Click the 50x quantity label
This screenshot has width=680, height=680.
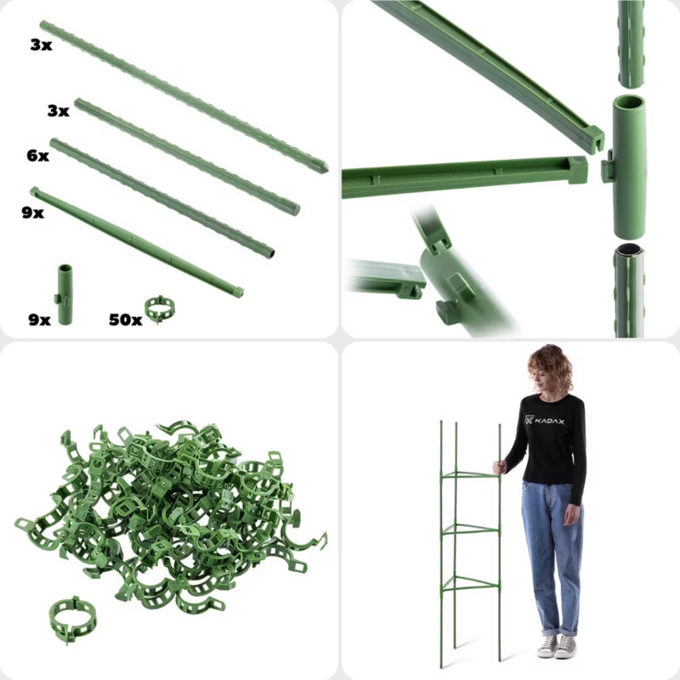(x=125, y=320)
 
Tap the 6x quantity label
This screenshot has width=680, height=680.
(x=37, y=156)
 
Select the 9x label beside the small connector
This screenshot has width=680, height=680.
(x=39, y=320)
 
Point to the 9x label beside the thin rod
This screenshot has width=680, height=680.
(x=33, y=213)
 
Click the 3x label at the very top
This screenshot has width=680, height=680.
(x=41, y=45)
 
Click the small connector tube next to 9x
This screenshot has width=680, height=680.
(x=65, y=294)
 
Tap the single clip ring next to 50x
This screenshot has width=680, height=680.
(x=160, y=309)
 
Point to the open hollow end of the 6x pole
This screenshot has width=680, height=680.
(x=270, y=254)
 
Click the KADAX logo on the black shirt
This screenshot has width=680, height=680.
(x=545, y=420)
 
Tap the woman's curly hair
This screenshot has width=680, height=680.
(x=550, y=368)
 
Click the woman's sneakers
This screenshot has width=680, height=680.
(x=558, y=646)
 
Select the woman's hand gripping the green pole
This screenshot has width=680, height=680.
(x=500, y=467)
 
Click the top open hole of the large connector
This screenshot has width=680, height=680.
(x=628, y=104)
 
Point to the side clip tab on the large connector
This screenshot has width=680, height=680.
(x=607, y=166)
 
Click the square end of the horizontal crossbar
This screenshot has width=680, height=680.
(x=578, y=170)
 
